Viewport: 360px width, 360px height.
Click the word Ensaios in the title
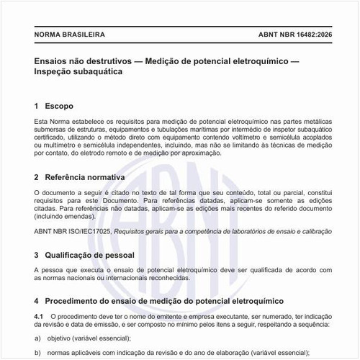tap(54, 61)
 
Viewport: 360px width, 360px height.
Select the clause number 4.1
tap(40, 316)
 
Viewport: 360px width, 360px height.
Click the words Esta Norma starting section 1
tap(51, 125)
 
